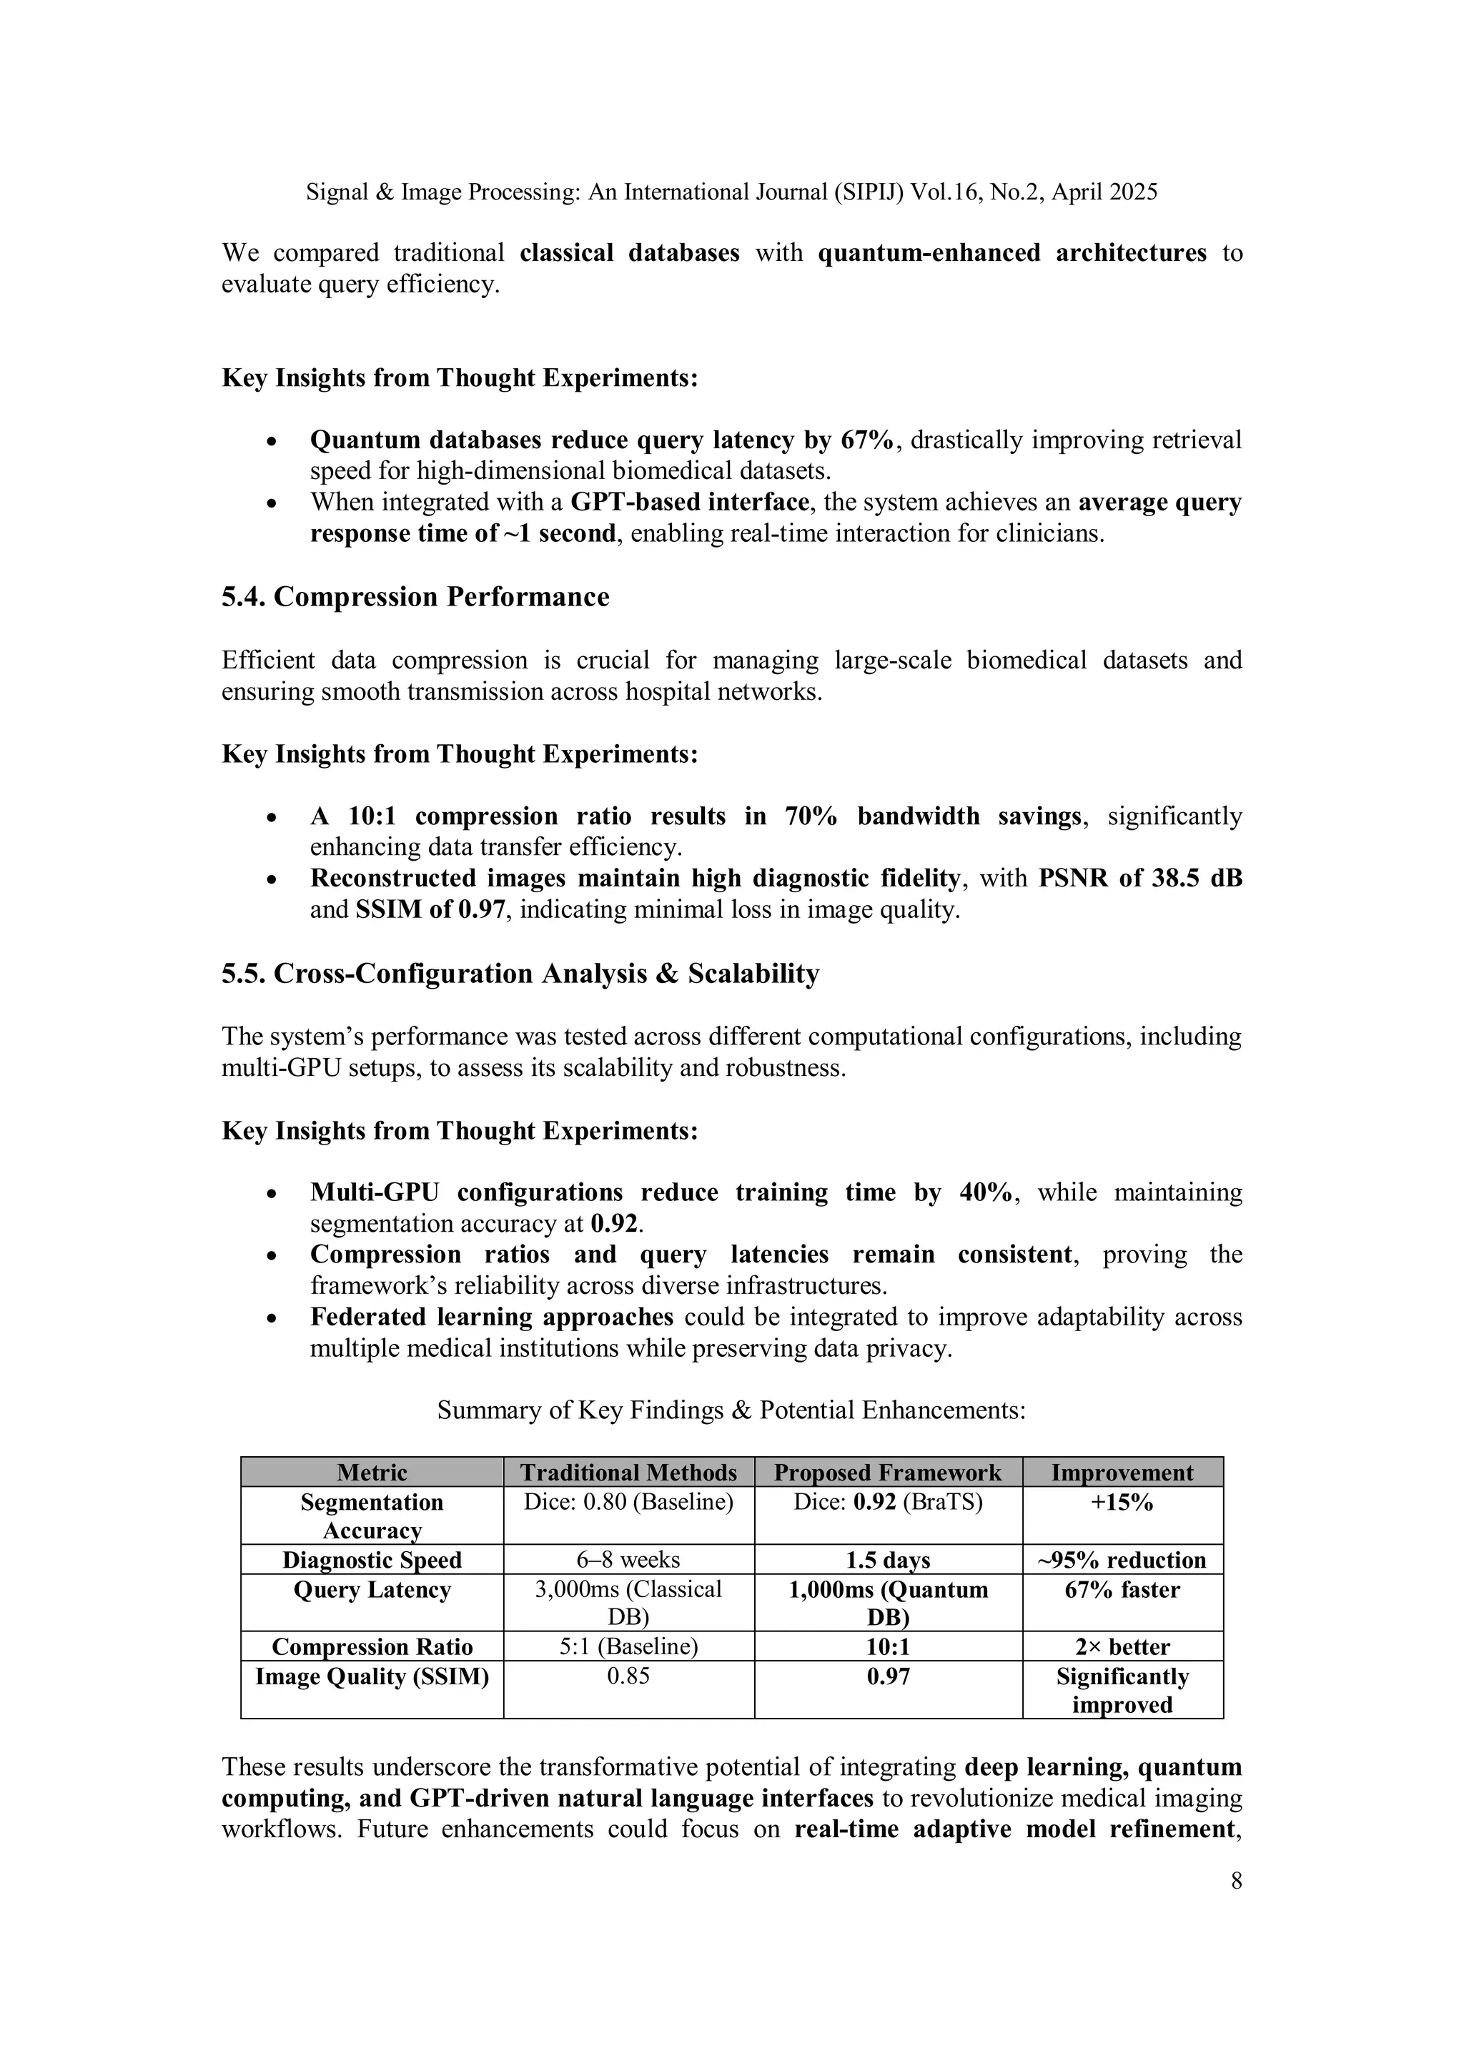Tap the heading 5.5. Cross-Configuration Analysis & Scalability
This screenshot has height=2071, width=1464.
520,974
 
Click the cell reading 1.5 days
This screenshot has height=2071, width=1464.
888,1560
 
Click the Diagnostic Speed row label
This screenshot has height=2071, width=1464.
372,1560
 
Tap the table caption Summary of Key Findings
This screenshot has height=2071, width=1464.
731,1410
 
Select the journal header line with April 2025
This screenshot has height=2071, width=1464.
731,192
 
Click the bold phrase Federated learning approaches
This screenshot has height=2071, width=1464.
492,1317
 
